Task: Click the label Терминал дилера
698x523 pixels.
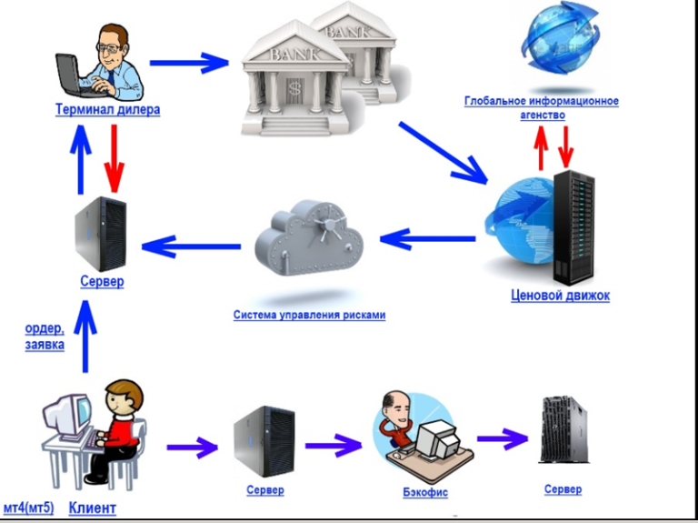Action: tap(108, 109)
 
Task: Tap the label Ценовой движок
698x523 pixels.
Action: tap(560, 296)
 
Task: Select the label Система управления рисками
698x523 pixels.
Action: tap(309, 315)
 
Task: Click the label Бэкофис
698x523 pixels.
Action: tap(425, 492)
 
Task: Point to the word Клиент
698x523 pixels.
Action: tap(93, 508)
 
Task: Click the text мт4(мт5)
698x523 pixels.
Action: tap(28, 508)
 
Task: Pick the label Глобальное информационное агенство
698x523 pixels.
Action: tap(542, 108)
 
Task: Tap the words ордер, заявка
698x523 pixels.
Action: tap(45, 337)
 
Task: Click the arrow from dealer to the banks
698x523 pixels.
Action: tap(189, 63)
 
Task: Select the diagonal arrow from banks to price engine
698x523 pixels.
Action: tap(443, 153)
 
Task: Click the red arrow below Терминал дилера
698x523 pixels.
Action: tap(115, 158)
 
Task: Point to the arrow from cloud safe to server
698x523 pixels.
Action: tap(191, 246)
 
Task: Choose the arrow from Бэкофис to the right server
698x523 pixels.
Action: tap(503, 438)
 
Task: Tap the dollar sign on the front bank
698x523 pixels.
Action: tap(294, 87)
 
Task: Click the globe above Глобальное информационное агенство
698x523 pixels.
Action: tap(560, 39)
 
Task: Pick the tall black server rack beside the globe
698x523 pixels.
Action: tap(573, 227)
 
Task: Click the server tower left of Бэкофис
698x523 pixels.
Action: tap(264, 441)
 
